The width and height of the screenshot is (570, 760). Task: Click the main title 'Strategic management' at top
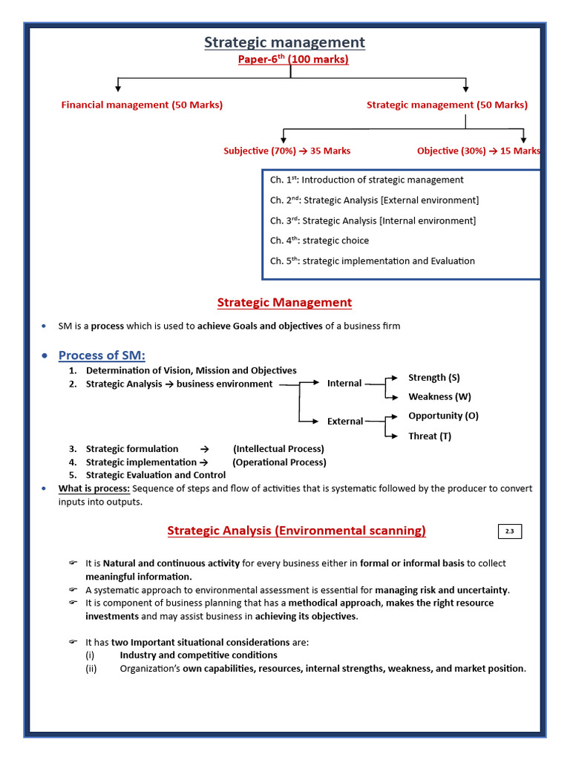pyautogui.click(x=284, y=42)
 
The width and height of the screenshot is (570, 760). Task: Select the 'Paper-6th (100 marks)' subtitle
pyautogui.click(x=292, y=59)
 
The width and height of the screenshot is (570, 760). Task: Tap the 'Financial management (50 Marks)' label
pyautogui.click(x=142, y=105)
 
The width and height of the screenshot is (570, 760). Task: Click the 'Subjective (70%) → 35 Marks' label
pyautogui.click(x=286, y=151)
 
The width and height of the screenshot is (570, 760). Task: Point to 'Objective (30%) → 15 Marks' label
pyautogui.click(x=479, y=151)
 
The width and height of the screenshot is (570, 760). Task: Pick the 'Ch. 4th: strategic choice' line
pyautogui.click(x=319, y=240)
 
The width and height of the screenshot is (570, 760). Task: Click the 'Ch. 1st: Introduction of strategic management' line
pyautogui.click(x=367, y=180)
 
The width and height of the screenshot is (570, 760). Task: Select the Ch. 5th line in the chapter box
pyautogui.click(x=372, y=261)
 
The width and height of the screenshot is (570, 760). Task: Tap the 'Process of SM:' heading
pyautogui.click(x=102, y=355)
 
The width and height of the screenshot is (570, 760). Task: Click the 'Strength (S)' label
pyautogui.click(x=433, y=378)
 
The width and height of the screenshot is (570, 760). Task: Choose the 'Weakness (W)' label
pyautogui.click(x=439, y=396)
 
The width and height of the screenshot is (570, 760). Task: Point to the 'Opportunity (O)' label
pyautogui.click(x=443, y=416)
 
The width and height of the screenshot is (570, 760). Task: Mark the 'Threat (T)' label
pyautogui.click(x=429, y=436)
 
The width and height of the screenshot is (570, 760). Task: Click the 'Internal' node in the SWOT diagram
pyautogui.click(x=344, y=383)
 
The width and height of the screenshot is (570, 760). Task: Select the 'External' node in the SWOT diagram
pyautogui.click(x=345, y=421)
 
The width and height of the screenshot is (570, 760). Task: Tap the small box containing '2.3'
pyautogui.click(x=509, y=531)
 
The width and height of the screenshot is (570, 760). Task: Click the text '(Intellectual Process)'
pyautogui.click(x=278, y=448)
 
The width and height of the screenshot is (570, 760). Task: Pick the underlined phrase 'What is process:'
pyautogui.click(x=94, y=488)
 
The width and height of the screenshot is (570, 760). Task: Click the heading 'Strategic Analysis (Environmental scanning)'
pyautogui.click(x=296, y=530)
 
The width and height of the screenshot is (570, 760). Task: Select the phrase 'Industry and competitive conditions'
pyautogui.click(x=198, y=655)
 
